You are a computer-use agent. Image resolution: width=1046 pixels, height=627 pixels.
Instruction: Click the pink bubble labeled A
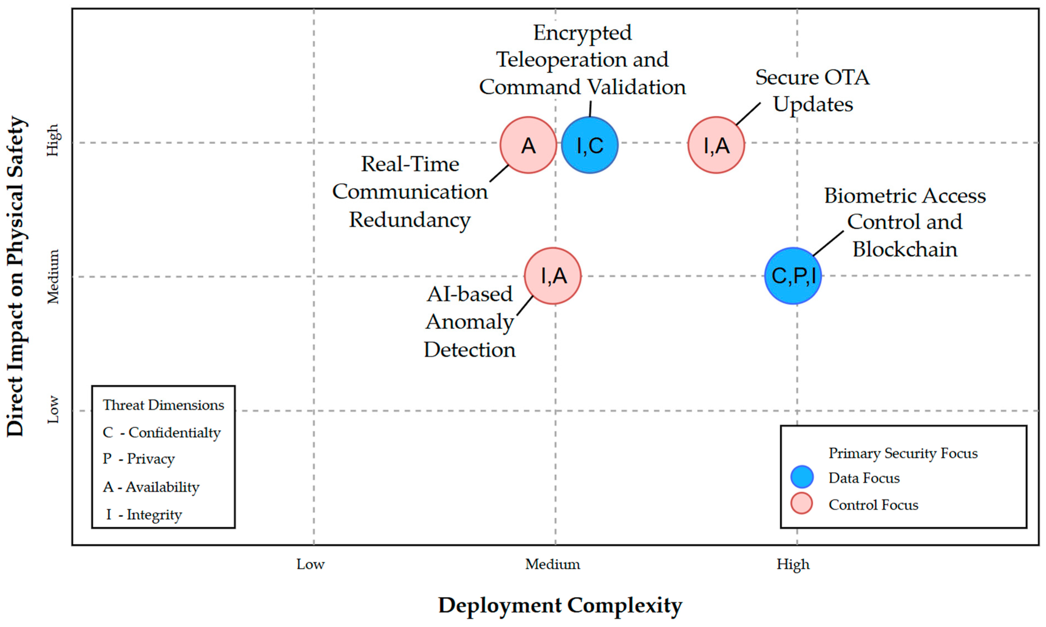click(528, 145)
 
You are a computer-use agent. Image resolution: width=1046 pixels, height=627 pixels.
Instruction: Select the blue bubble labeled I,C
click(589, 145)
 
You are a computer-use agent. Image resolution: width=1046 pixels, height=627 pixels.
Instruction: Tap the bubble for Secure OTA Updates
click(716, 145)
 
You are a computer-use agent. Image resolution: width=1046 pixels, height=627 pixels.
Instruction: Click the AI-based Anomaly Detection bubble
click(552, 275)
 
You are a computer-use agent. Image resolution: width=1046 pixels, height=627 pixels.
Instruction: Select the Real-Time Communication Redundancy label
click(410, 192)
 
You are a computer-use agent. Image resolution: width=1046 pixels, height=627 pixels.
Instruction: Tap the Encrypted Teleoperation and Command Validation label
click(582, 60)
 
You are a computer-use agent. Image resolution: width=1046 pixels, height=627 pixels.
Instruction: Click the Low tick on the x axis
click(310, 564)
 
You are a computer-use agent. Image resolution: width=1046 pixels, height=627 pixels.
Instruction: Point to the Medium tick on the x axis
click(552, 564)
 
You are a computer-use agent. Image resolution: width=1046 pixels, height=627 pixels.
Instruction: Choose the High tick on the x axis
click(793, 564)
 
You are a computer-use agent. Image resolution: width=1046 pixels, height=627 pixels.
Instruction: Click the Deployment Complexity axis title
click(560, 605)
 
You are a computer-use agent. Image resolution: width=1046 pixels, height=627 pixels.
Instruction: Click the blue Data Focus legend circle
click(801, 477)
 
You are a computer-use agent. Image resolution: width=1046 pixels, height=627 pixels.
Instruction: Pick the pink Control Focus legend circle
click(801, 503)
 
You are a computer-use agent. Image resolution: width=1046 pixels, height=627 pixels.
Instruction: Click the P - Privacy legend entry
click(139, 459)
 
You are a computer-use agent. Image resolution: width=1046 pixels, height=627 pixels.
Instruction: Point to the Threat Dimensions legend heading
click(163, 405)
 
